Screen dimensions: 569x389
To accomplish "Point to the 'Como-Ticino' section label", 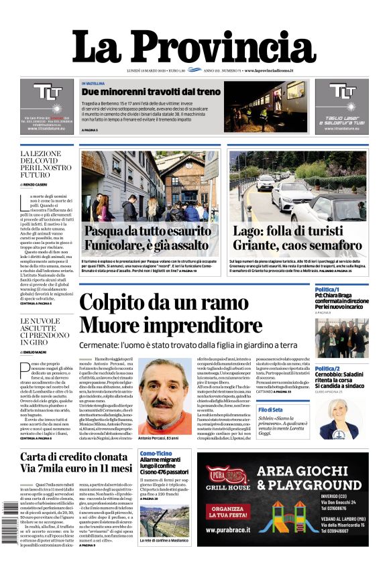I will [x=154, y=454].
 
